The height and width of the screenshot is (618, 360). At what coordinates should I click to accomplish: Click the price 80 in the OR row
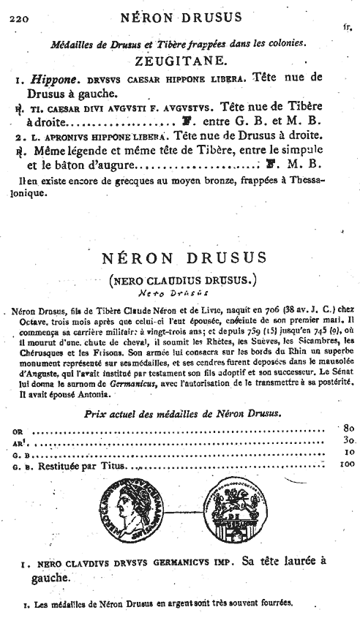click(347, 427)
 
